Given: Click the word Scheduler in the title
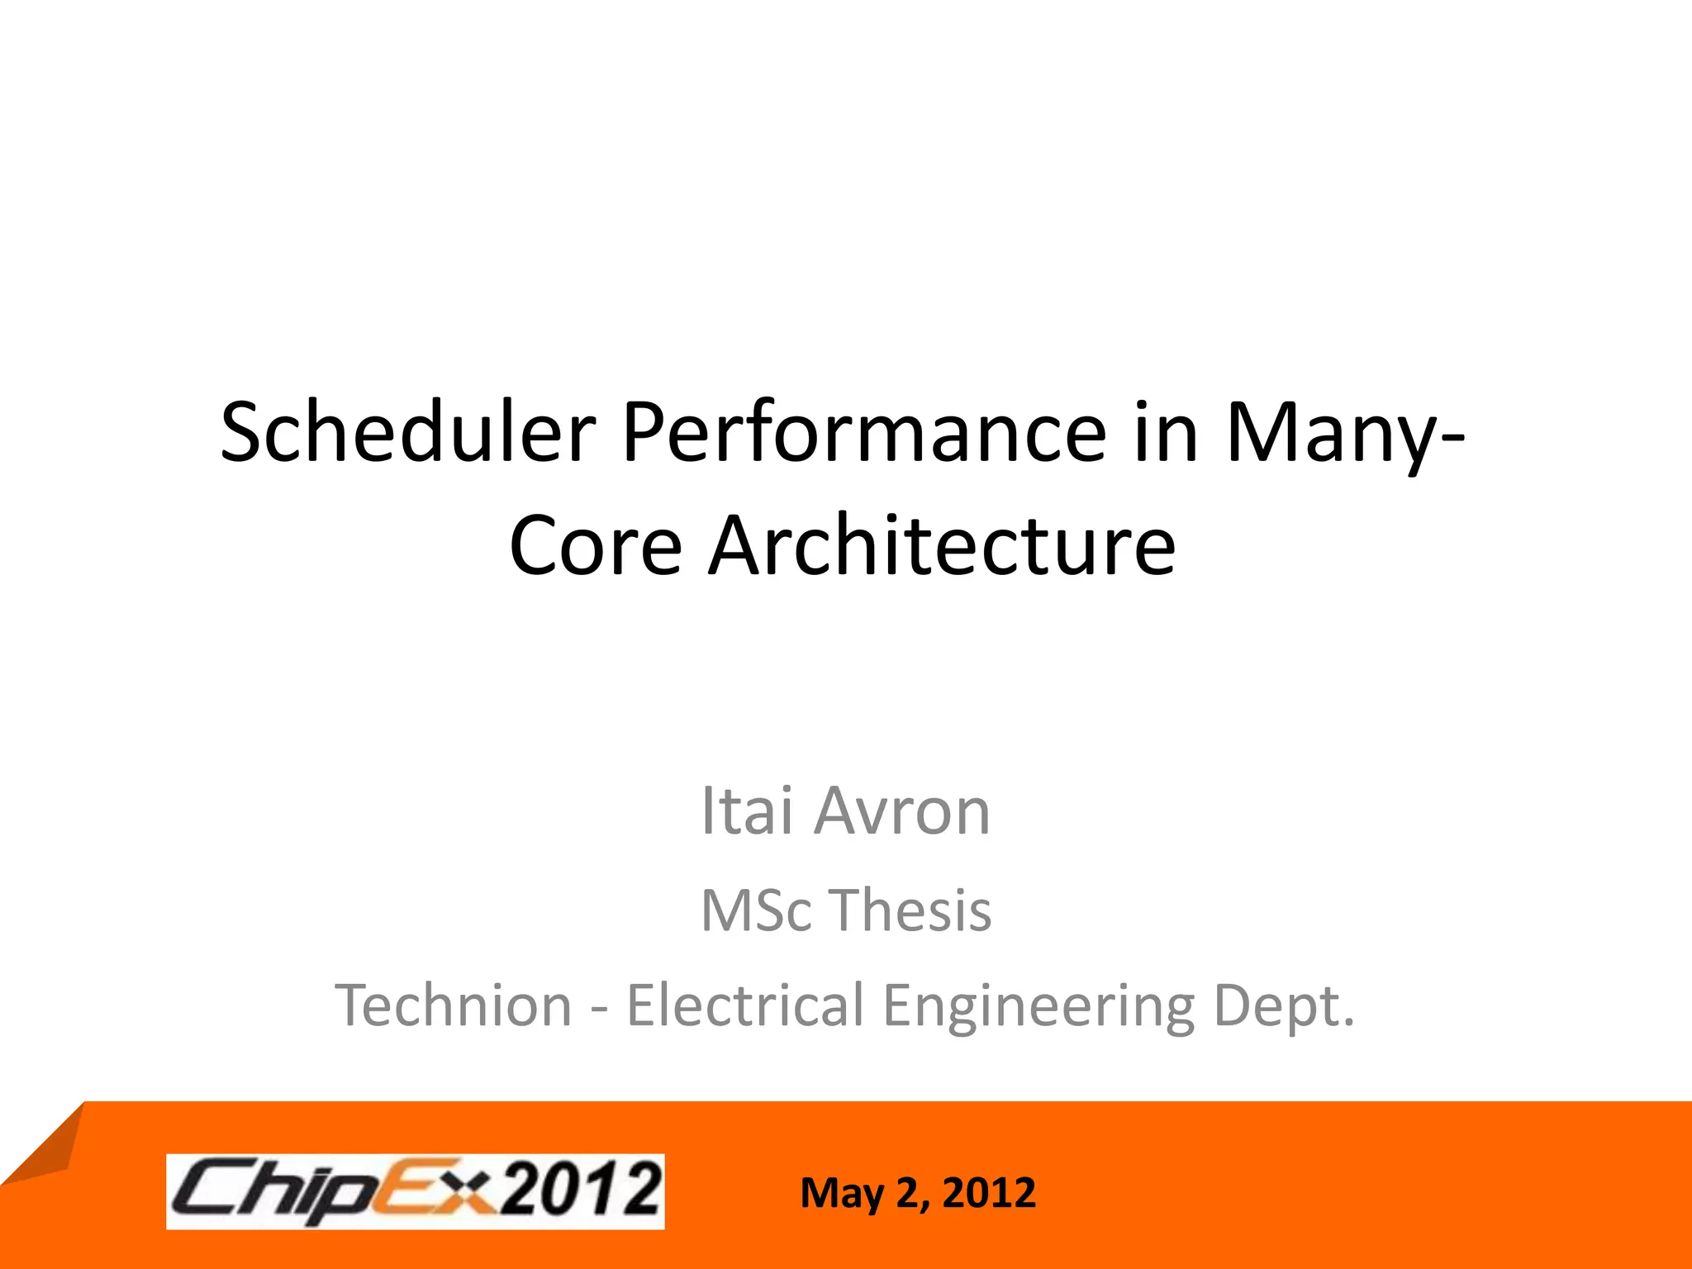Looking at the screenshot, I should pos(407,431).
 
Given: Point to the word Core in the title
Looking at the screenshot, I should pos(596,545).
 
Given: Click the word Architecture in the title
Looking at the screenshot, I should pos(943,545).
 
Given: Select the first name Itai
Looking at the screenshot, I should pos(747,811).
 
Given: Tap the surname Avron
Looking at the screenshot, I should pos(902,811).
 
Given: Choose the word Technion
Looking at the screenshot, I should pos(453,1005).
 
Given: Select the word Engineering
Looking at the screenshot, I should pos(1038,1007).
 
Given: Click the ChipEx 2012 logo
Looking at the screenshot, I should pos(415,1191).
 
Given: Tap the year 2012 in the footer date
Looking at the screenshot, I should pos(988,1192).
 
